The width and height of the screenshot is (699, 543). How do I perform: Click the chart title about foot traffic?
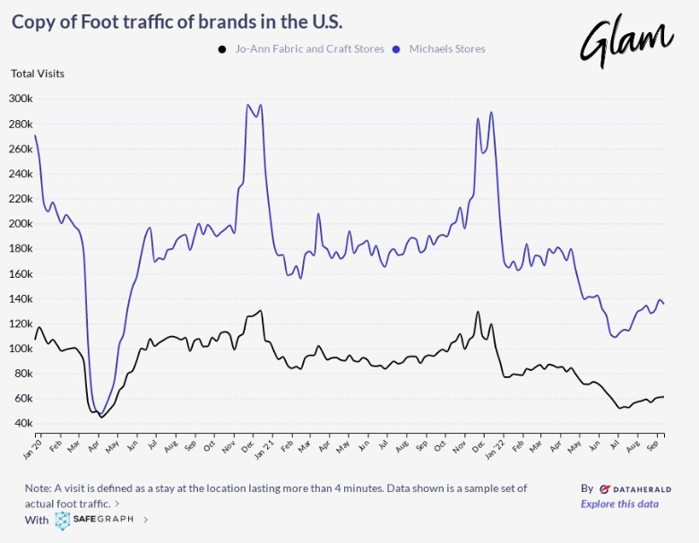[177, 21]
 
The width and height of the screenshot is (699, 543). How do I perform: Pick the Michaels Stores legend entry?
[446, 48]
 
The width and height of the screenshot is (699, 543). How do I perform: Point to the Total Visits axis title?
[38, 73]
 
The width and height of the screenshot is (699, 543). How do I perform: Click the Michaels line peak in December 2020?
[248, 105]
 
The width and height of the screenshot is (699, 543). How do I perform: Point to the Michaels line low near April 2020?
[99, 412]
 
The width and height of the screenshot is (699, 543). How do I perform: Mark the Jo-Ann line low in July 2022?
[619, 409]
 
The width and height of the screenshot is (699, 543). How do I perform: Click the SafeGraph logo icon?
[62, 521]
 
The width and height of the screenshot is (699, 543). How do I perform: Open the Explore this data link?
[619, 504]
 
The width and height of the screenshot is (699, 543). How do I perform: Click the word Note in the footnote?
[39, 488]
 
